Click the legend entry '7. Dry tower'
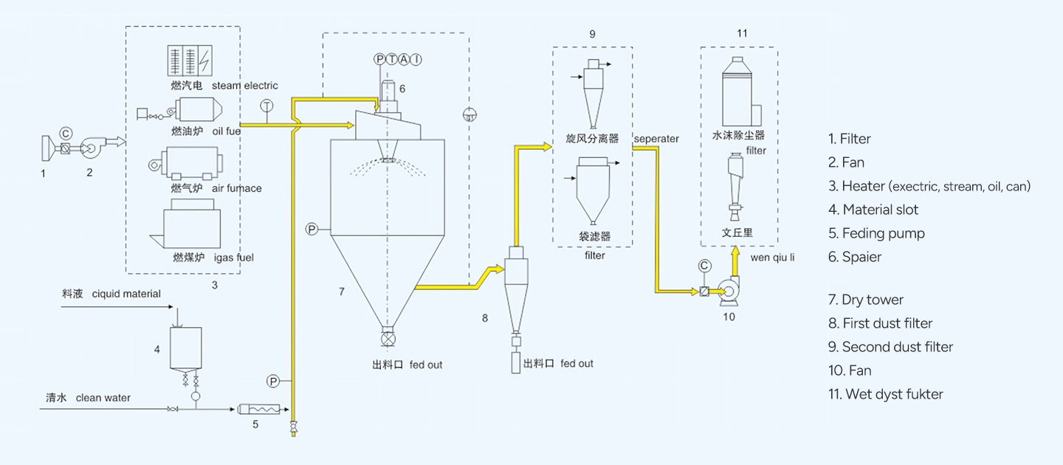coord(866,300)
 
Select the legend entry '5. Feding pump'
coord(876,233)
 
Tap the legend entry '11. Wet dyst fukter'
coord(886,394)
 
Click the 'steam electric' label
coord(245,86)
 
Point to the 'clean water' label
coord(103,398)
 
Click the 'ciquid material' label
coord(126,294)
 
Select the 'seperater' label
coord(656,139)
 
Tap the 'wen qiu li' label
coord(772,258)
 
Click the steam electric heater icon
coord(190,61)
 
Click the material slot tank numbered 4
coord(186,348)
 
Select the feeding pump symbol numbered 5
coord(258,409)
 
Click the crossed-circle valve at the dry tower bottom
coord(388,339)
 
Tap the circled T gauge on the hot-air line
coord(267,106)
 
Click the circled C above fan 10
coord(705,266)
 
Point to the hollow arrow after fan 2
coord(115,142)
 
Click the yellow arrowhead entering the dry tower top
coord(350,125)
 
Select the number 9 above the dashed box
coord(592,34)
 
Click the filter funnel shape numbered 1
coord(47,148)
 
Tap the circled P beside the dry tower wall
coord(312,230)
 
